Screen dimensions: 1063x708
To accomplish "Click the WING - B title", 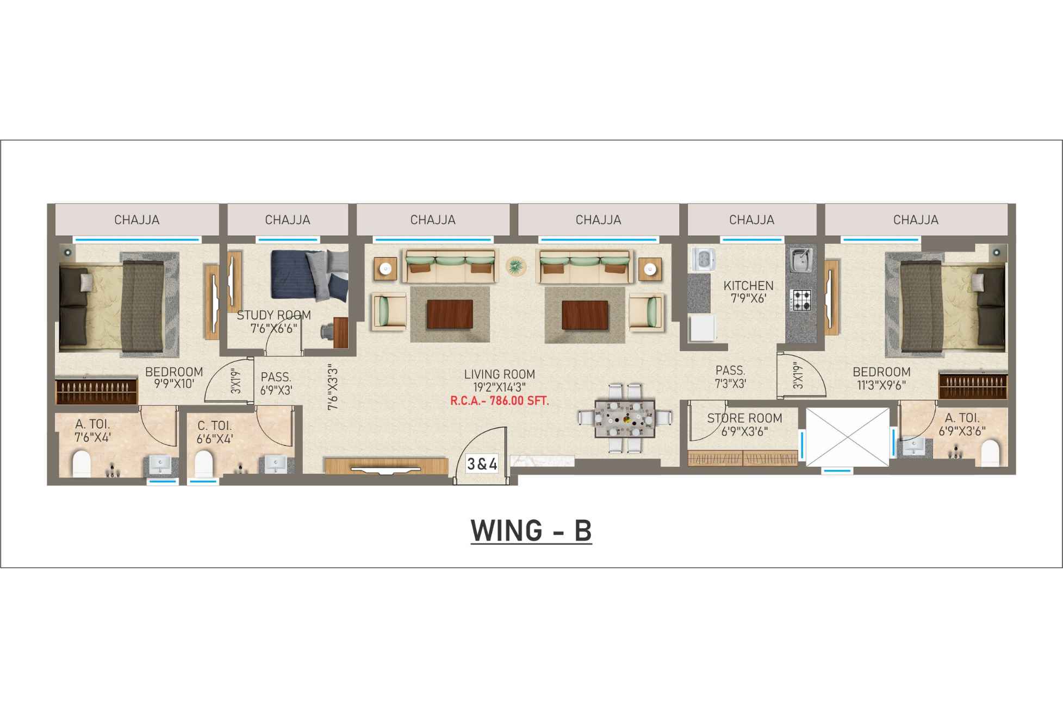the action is click(531, 531).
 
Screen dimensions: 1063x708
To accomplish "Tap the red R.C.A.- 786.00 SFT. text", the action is click(500, 402).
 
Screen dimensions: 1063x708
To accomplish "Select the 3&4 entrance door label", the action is click(482, 464).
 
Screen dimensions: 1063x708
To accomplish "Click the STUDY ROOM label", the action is click(273, 315).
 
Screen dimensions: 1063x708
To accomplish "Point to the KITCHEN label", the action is click(748, 286).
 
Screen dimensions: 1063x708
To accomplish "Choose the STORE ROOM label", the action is click(744, 418).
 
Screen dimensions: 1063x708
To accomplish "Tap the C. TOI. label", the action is click(214, 426).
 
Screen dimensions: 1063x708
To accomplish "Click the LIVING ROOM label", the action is click(499, 374).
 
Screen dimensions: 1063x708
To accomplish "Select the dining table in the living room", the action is click(625, 418).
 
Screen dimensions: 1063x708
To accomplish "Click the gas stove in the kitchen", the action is click(800, 299).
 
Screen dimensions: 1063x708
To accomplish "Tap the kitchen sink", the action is click(801, 260).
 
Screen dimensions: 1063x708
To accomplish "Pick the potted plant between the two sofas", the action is click(516, 266).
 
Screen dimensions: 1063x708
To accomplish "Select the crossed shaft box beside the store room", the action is click(847, 437).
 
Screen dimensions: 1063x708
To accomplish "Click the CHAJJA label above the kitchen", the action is click(751, 220).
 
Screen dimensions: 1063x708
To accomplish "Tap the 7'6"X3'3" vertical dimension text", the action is click(332, 386).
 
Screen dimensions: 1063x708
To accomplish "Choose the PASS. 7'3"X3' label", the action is click(730, 377).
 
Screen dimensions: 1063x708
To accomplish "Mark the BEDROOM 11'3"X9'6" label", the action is click(881, 379).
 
